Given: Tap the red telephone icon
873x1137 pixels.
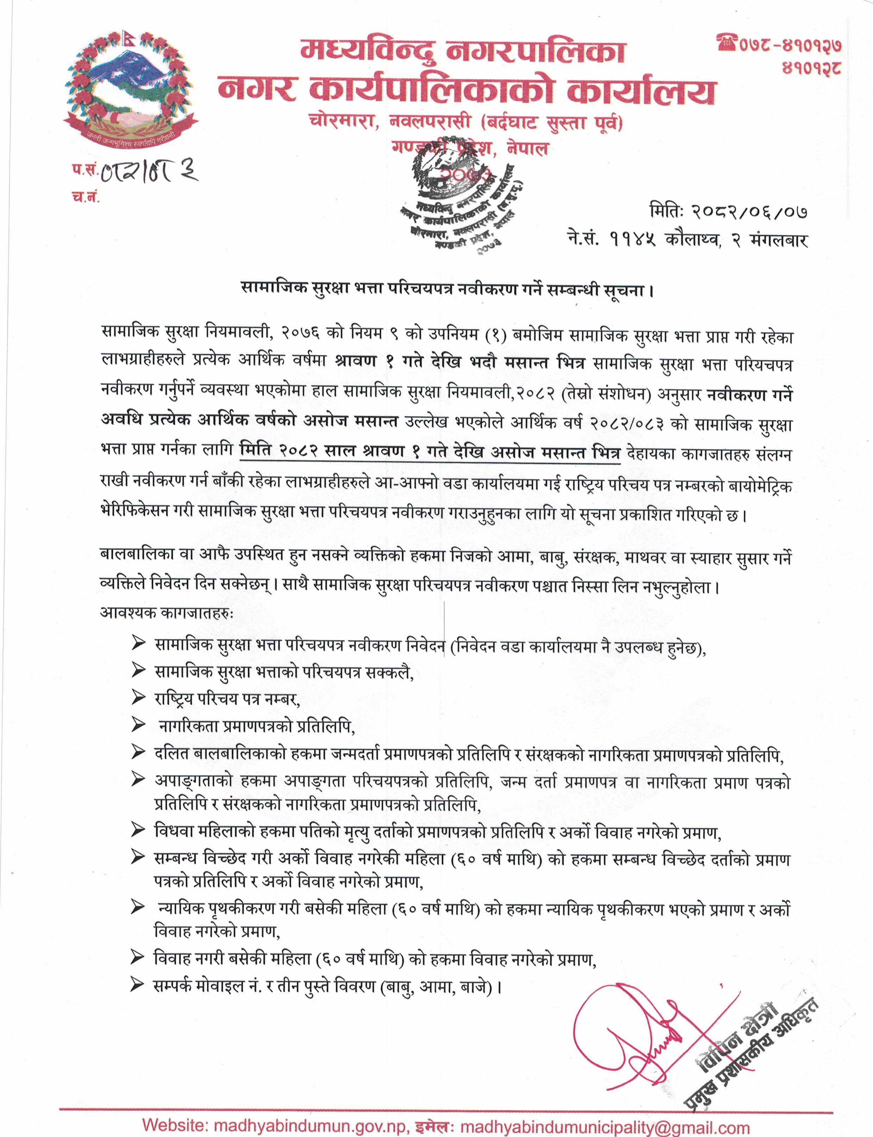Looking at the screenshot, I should coord(727,43).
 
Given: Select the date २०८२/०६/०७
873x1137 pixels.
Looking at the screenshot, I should coord(749,212).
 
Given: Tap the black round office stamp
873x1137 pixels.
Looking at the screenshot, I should coord(457,203).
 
